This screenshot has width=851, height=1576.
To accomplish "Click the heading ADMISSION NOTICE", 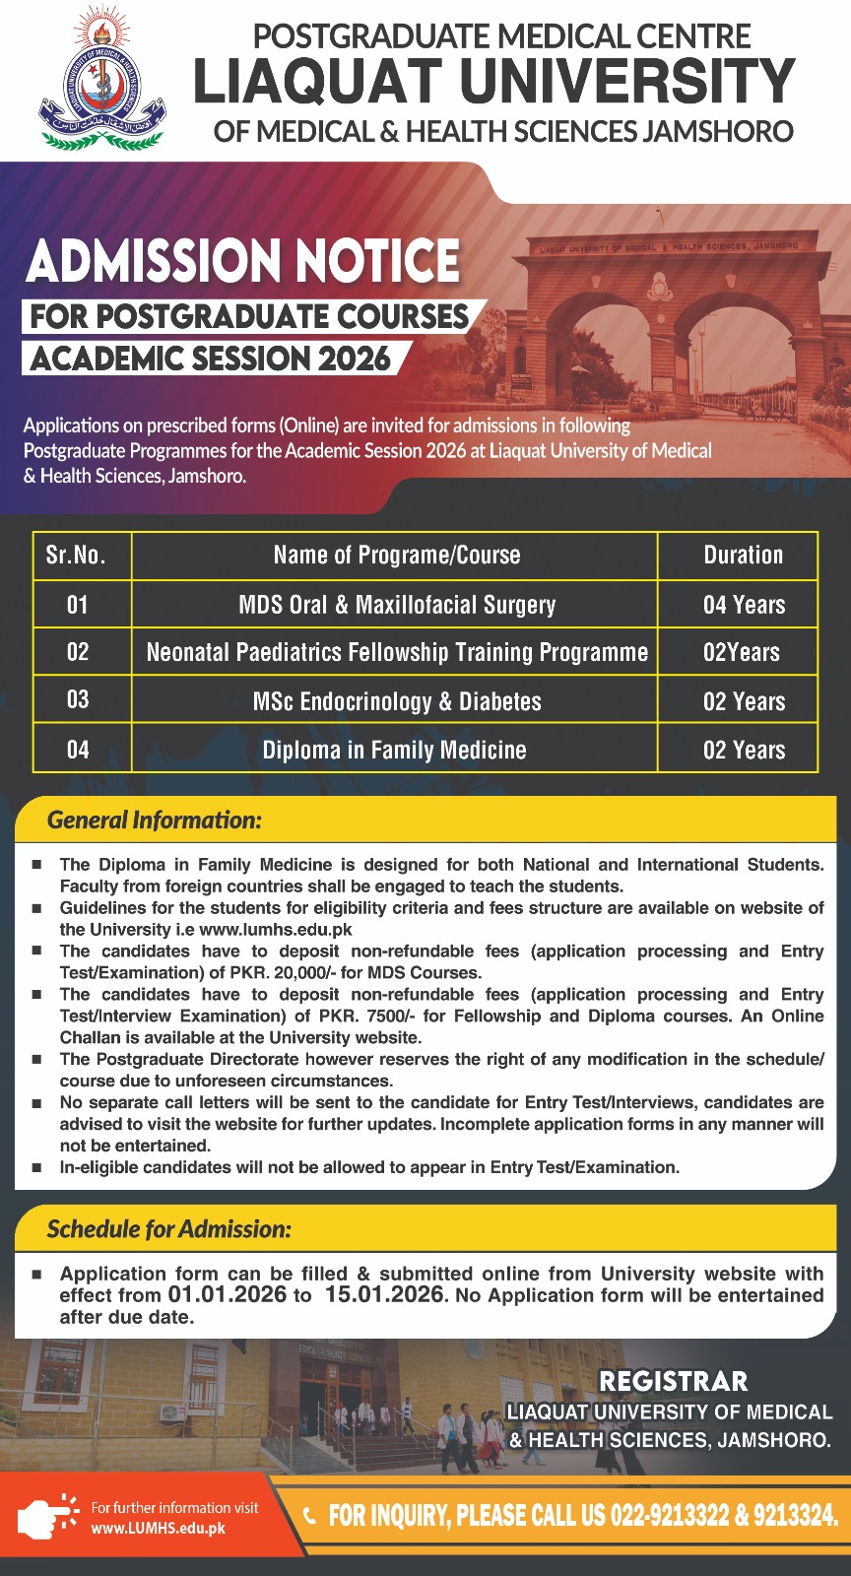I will (243, 261).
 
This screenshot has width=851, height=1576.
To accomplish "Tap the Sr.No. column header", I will (76, 556).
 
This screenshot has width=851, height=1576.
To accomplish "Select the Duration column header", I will (743, 556).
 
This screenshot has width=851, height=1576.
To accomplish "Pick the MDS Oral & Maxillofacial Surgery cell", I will (397, 605).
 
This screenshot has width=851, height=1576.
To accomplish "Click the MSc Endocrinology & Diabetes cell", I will (397, 701).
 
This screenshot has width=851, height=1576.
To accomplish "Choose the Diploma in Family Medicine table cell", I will (394, 751).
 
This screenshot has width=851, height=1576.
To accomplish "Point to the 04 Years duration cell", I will (744, 605).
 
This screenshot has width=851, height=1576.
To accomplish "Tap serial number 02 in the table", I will (78, 652).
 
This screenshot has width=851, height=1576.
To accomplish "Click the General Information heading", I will (155, 821).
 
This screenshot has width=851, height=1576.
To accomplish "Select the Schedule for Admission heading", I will (169, 1229).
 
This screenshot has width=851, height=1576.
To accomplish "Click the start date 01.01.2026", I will (228, 1295).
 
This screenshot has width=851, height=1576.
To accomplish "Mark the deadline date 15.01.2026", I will (384, 1295).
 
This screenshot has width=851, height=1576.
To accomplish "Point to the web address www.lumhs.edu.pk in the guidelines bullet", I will (275, 930).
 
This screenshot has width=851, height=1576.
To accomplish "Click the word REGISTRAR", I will (674, 1381).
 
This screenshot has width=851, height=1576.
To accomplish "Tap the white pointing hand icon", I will (47, 1517).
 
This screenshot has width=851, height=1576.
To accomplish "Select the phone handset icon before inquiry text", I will (310, 1515).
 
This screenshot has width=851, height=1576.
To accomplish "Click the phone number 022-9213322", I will (669, 1515).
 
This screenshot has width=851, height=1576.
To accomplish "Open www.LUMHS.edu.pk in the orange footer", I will (159, 1529).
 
